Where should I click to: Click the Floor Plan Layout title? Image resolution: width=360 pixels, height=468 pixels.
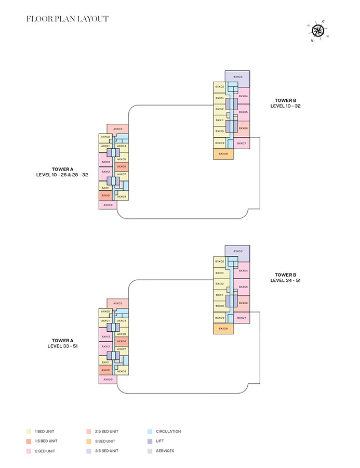point(68,19)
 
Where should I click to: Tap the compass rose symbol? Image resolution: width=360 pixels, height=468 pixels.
point(318,31)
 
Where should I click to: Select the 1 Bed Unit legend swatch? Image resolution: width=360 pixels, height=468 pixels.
point(29,431)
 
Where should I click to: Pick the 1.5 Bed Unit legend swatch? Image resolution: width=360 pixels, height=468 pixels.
point(29,441)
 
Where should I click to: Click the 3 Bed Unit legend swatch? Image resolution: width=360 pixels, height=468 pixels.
point(89,441)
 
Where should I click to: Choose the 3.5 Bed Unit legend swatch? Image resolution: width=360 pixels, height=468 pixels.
point(89,451)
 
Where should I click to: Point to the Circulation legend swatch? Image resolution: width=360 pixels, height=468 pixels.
point(150,431)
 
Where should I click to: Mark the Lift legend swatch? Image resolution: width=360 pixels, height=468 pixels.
point(150,441)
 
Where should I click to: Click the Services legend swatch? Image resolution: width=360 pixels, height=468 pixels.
point(150,451)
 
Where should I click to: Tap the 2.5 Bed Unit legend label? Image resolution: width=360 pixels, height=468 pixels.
point(106,431)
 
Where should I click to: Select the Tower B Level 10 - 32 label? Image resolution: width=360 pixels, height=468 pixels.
point(285,103)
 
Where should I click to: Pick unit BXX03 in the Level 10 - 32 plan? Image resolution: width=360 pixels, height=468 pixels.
point(238,77)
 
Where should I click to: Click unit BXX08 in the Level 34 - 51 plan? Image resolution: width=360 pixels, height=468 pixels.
point(223,329)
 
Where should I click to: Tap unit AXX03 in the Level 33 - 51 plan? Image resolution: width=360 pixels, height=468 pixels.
point(118,304)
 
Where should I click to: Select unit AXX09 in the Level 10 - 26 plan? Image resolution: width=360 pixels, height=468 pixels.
point(108,205)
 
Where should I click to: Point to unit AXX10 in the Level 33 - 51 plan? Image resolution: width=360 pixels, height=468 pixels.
point(105,370)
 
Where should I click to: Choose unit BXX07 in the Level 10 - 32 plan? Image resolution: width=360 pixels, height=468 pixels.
point(241,143)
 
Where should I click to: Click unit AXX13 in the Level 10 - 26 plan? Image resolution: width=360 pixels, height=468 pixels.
point(106,162)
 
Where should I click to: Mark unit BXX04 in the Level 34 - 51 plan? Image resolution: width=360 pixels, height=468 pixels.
point(243,271)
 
